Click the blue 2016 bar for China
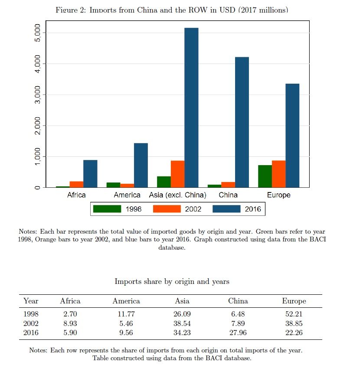[x=242, y=122]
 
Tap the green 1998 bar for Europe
[x=265, y=176]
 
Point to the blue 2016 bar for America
[x=141, y=165]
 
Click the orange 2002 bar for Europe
[x=278, y=174]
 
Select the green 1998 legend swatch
[x=107, y=209]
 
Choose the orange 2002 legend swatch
[x=167, y=209]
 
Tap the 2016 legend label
[x=253, y=209]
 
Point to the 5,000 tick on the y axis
[x=37, y=33]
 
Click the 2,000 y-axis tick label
[x=37, y=126]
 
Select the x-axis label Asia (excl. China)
[x=177, y=195]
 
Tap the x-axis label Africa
[x=76, y=195]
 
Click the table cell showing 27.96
[x=238, y=333]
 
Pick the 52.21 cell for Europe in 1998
[x=294, y=314]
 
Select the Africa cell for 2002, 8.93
[x=70, y=323]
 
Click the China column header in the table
[x=238, y=301]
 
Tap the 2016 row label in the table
[x=31, y=333]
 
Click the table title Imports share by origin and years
[x=172, y=281]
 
